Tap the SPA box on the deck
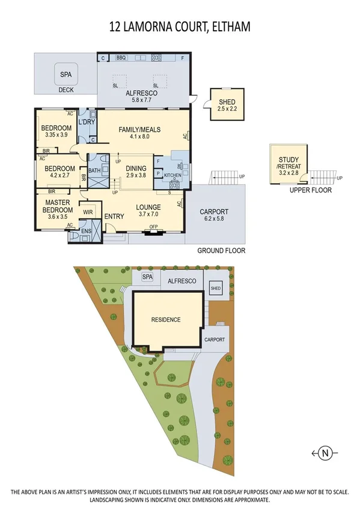pyautogui.click(x=65, y=75)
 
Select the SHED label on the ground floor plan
pyautogui.click(x=227, y=102)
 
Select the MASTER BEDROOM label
pyautogui.click(x=57, y=206)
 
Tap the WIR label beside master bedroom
pyautogui.click(x=87, y=212)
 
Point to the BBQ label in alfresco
pyautogui.click(x=120, y=58)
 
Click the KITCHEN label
pyautogui.click(x=172, y=176)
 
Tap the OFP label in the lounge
pyautogui.click(x=153, y=227)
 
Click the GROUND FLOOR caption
pyautogui.click(x=221, y=250)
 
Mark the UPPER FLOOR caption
pyautogui.click(x=310, y=190)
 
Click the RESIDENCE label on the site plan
pyautogui.click(x=166, y=319)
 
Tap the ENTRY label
pyautogui.click(x=114, y=217)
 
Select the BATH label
pyautogui.click(x=94, y=171)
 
